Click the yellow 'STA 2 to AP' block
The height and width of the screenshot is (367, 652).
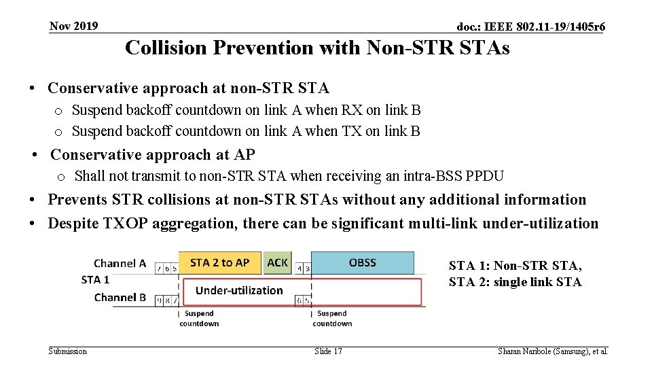219,263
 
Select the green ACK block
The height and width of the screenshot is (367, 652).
277,262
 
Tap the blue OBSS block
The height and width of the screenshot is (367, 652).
362,262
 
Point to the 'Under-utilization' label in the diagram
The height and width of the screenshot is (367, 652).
239,290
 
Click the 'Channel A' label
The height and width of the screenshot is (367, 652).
120,263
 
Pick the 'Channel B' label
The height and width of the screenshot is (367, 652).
120,297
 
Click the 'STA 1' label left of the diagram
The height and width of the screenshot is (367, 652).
95,279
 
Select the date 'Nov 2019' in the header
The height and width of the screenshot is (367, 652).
74,27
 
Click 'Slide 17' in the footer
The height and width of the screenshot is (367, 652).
328,351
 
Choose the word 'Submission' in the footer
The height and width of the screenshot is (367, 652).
68,351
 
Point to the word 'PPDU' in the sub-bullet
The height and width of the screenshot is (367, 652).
485,177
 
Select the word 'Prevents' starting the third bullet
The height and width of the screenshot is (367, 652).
78,200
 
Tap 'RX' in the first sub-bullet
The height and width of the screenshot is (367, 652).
352,110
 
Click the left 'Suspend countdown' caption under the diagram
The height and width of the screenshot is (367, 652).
199,318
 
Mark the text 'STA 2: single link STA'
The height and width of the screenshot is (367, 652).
515,282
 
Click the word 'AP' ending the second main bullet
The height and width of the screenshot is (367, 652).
244,155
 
